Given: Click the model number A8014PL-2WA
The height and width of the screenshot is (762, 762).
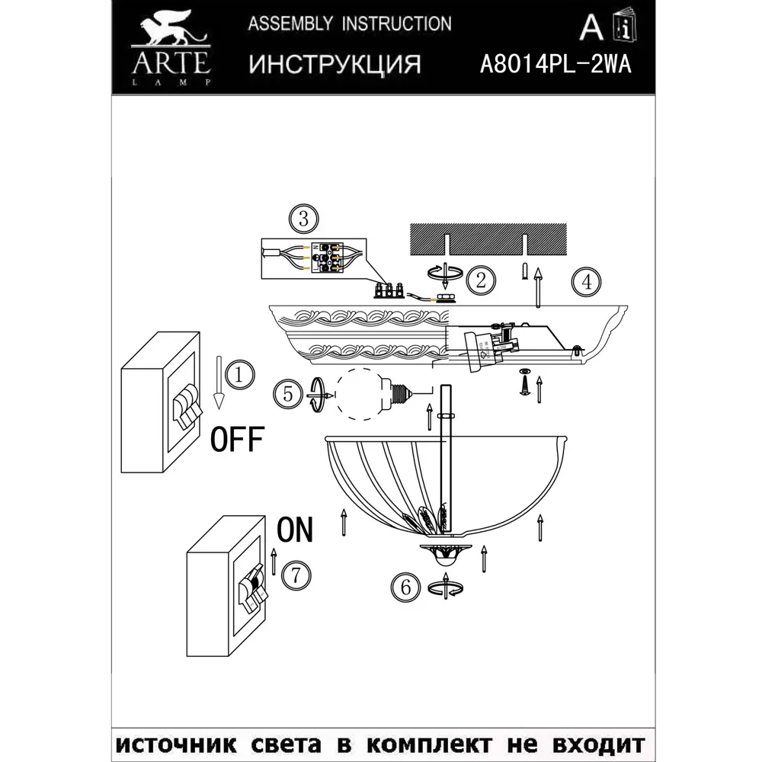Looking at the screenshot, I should [x=555, y=64].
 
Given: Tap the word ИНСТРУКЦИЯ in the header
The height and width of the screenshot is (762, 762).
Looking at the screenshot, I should [x=335, y=64].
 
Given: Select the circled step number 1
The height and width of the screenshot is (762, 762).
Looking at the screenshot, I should [x=238, y=374].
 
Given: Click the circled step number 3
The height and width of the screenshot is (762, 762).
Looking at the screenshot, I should [x=303, y=220].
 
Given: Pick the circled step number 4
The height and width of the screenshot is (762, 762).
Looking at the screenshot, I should [x=585, y=282].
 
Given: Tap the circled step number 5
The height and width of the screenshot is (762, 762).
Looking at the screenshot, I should [x=287, y=394].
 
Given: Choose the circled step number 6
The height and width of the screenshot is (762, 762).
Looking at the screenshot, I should [x=405, y=587].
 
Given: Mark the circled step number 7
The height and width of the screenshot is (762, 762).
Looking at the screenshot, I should [x=296, y=575].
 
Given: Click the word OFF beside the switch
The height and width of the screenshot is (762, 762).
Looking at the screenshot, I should [x=236, y=439].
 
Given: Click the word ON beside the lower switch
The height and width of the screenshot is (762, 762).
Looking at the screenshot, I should [x=294, y=529].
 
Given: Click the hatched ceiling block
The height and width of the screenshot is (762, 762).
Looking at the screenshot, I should [x=488, y=239].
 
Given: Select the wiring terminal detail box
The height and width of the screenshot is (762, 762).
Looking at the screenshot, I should [x=313, y=260].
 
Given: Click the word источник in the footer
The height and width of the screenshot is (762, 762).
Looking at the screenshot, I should [x=174, y=742].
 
